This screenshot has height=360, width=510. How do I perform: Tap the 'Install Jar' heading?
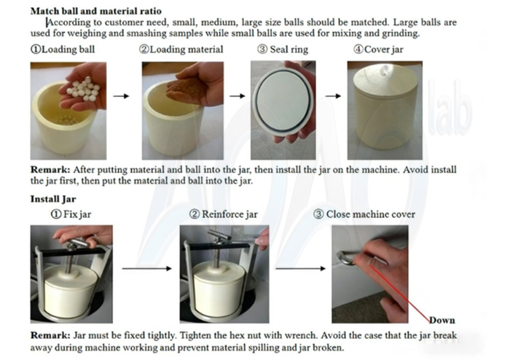[54, 198]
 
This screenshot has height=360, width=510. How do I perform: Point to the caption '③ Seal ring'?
[283, 50]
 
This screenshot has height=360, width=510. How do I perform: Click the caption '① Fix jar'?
[72, 214]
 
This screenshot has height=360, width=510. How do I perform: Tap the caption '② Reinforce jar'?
[223, 214]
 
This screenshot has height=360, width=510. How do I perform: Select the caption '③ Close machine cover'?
[364, 214]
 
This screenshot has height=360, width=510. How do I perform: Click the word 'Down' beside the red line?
[442, 320]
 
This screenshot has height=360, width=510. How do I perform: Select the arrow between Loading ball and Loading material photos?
[125, 96]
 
